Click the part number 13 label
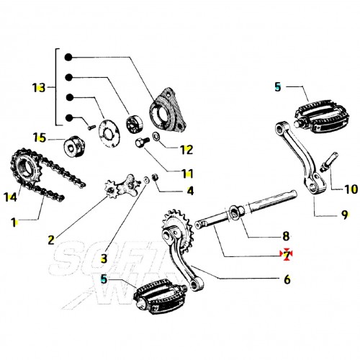pyautogui.click(x=39, y=88)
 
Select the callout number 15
pyautogui.click(x=40, y=138)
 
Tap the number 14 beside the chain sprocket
pyautogui.click(x=10, y=197)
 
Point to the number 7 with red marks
pyautogui.click(x=286, y=254)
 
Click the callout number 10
pyautogui.click(x=351, y=189)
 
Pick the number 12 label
pyautogui.click(x=186, y=150)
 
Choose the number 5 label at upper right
pyautogui.click(x=278, y=87)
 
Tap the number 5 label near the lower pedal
pyautogui.click(x=104, y=279)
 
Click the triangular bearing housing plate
pyautogui.click(x=168, y=110)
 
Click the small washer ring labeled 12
pyautogui.click(x=156, y=136)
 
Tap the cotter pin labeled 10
pyautogui.click(x=329, y=162)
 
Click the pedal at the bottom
pyautogui.click(x=160, y=297)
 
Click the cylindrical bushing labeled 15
pyautogui.click(x=73, y=146)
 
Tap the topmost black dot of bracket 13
pyautogui.click(x=68, y=58)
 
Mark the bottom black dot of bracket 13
pyautogui.click(x=69, y=117)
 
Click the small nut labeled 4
pyautogui.click(x=156, y=178)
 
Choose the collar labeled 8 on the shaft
pyautogui.click(x=237, y=212)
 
